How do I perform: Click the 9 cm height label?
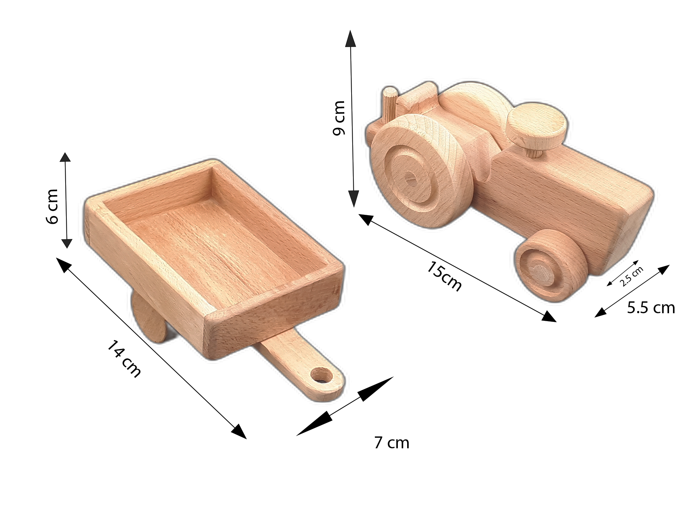coord(339,118)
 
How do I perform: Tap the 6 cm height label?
coord(52,207)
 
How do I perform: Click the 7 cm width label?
coord(391,443)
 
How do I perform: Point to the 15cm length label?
coord(444,276)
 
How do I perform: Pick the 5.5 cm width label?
coord(650,308)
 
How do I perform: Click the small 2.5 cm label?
coord(631,276)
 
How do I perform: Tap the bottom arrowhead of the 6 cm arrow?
coord(67,243)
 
